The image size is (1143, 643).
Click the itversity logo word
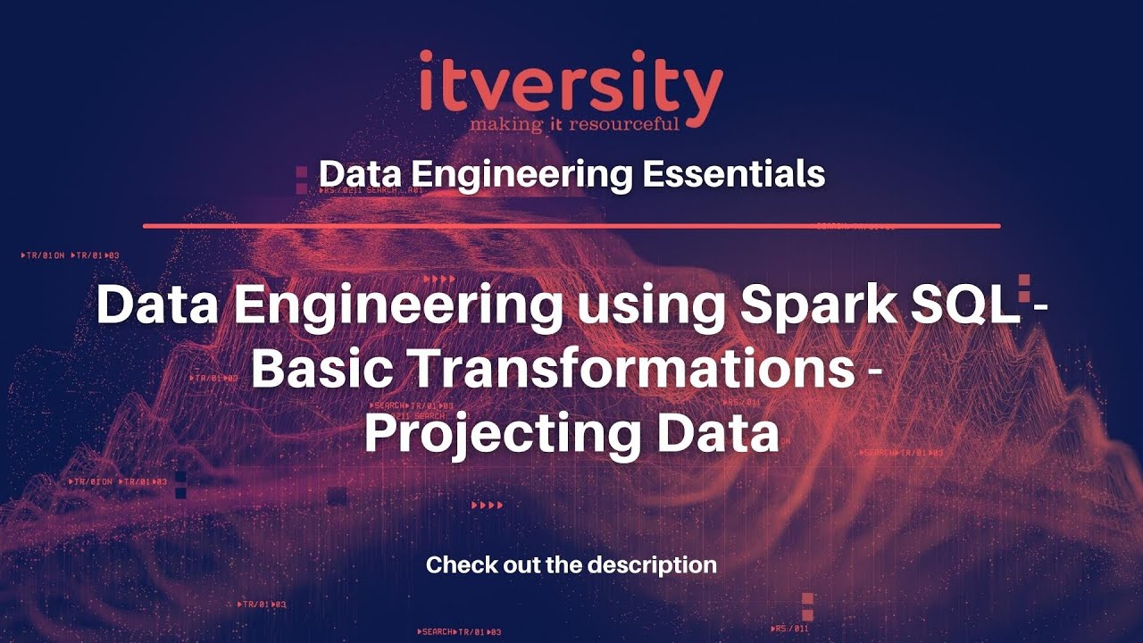(571, 83)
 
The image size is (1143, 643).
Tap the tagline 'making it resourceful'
(574, 122)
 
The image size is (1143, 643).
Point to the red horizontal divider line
(571, 226)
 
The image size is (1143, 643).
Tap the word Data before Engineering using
(159, 305)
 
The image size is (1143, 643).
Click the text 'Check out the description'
(571, 564)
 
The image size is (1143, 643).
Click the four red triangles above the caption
(488, 505)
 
